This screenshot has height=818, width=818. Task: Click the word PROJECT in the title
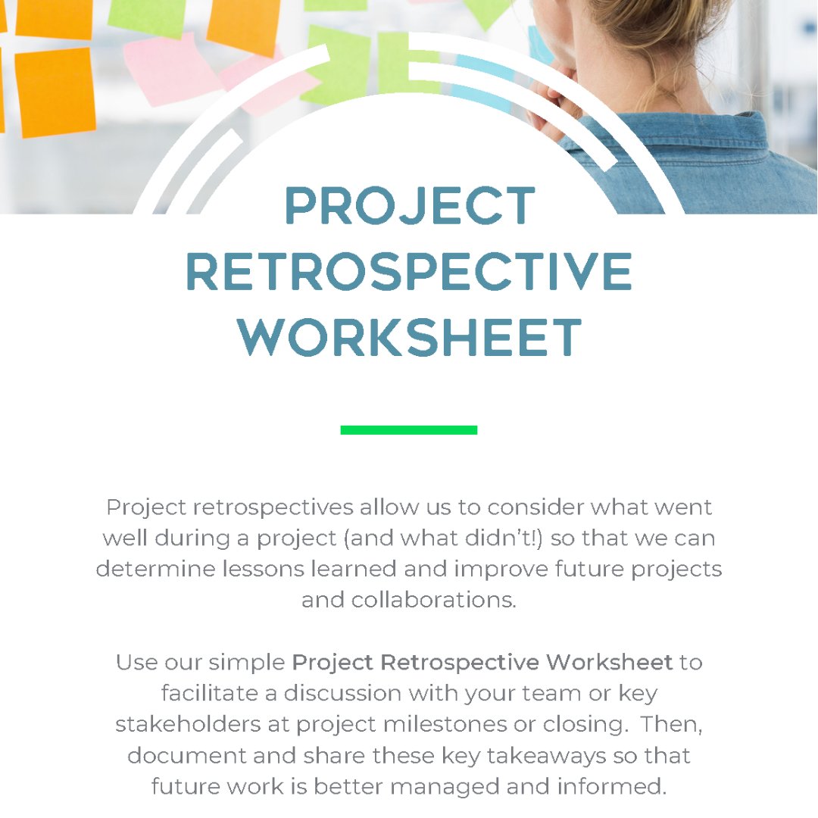410,206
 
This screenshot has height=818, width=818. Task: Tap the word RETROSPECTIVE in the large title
409,272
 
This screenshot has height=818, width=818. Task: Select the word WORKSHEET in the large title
410,338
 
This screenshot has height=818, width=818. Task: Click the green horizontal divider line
409,430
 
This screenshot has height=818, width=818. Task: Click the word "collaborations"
433,600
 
